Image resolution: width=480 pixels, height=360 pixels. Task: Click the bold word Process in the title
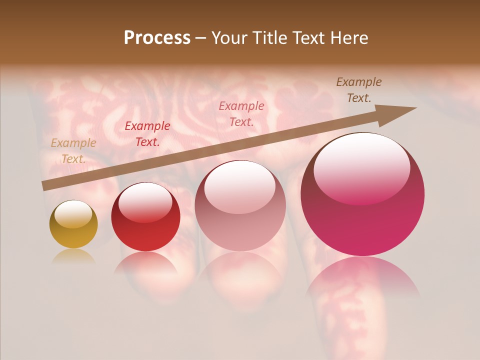(x=157, y=38)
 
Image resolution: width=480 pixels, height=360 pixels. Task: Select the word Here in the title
(x=348, y=38)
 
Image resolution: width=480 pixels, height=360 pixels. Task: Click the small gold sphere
(x=73, y=224)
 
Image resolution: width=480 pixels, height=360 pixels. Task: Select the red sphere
(x=145, y=217)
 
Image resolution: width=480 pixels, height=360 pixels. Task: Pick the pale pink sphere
(x=240, y=205)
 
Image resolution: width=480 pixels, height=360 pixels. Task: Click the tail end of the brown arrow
(x=44, y=186)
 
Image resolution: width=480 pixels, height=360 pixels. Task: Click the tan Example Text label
(x=73, y=151)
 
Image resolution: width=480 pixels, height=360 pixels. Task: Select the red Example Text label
(x=147, y=134)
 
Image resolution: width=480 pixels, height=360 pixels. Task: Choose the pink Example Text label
(x=241, y=113)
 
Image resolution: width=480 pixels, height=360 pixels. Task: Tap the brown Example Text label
(x=359, y=90)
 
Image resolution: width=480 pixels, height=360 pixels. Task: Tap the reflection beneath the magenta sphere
(x=362, y=277)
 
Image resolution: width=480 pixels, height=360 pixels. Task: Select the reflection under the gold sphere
(x=73, y=256)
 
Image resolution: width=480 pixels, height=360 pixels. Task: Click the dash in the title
(x=201, y=38)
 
